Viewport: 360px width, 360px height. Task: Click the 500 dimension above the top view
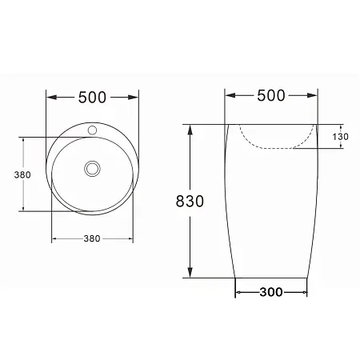(92, 98)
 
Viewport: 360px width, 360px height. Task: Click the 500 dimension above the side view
(271, 95)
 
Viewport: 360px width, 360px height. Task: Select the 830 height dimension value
(190, 201)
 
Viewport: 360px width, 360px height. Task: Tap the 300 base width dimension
(271, 292)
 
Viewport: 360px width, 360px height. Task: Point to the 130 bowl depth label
(340, 137)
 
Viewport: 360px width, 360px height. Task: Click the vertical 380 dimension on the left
(22, 174)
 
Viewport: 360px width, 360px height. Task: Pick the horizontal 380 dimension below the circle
(92, 238)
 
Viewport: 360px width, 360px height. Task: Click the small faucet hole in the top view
(92, 130)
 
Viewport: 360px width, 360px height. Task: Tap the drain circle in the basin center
(92, 169)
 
